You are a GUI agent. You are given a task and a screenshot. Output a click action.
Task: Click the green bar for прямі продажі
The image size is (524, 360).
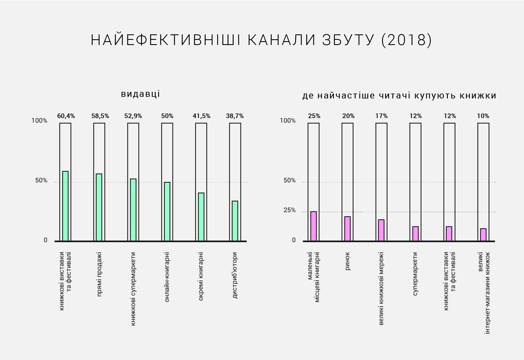click(99, 207)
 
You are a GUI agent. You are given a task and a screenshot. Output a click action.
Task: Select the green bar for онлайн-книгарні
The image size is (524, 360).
click(167, 212)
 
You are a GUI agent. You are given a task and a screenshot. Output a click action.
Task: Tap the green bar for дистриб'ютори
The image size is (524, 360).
click(235, 221)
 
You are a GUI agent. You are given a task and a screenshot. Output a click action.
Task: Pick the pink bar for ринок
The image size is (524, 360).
click(347, 229)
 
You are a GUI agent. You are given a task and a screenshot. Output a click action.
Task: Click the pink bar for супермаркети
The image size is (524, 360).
click(415, 234)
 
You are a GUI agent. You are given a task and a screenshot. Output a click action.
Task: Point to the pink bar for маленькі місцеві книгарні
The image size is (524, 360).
click(314, 226)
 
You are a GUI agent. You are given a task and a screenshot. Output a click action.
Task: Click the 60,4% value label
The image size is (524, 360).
click(66, 116)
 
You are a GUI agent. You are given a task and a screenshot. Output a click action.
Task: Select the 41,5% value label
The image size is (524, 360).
click(201, 116)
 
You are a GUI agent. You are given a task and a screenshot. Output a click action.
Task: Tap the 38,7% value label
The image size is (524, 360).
click(235, 116)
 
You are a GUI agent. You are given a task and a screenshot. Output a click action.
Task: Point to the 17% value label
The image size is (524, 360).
click(381, 116)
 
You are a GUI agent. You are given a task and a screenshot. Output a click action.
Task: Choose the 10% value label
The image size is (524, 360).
click(483, 116)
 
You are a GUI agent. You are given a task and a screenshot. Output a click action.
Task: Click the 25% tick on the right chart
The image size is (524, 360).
click(290, 210)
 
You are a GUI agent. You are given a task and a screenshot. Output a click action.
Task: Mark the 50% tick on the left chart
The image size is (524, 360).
click(41, 180)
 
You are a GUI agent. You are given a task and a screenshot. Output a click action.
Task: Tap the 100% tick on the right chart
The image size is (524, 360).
click(288, 121)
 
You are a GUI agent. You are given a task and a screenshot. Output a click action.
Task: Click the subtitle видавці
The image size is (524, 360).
click(140, 94)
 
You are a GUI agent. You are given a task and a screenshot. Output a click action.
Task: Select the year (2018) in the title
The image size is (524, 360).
click(406, 40)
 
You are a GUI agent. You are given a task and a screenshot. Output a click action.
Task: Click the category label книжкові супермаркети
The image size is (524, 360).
click(133, 289)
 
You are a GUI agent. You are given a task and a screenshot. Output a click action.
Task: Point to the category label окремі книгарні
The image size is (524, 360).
click(201, 276)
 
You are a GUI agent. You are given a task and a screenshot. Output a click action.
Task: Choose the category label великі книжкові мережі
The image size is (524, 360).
click(381, 289)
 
